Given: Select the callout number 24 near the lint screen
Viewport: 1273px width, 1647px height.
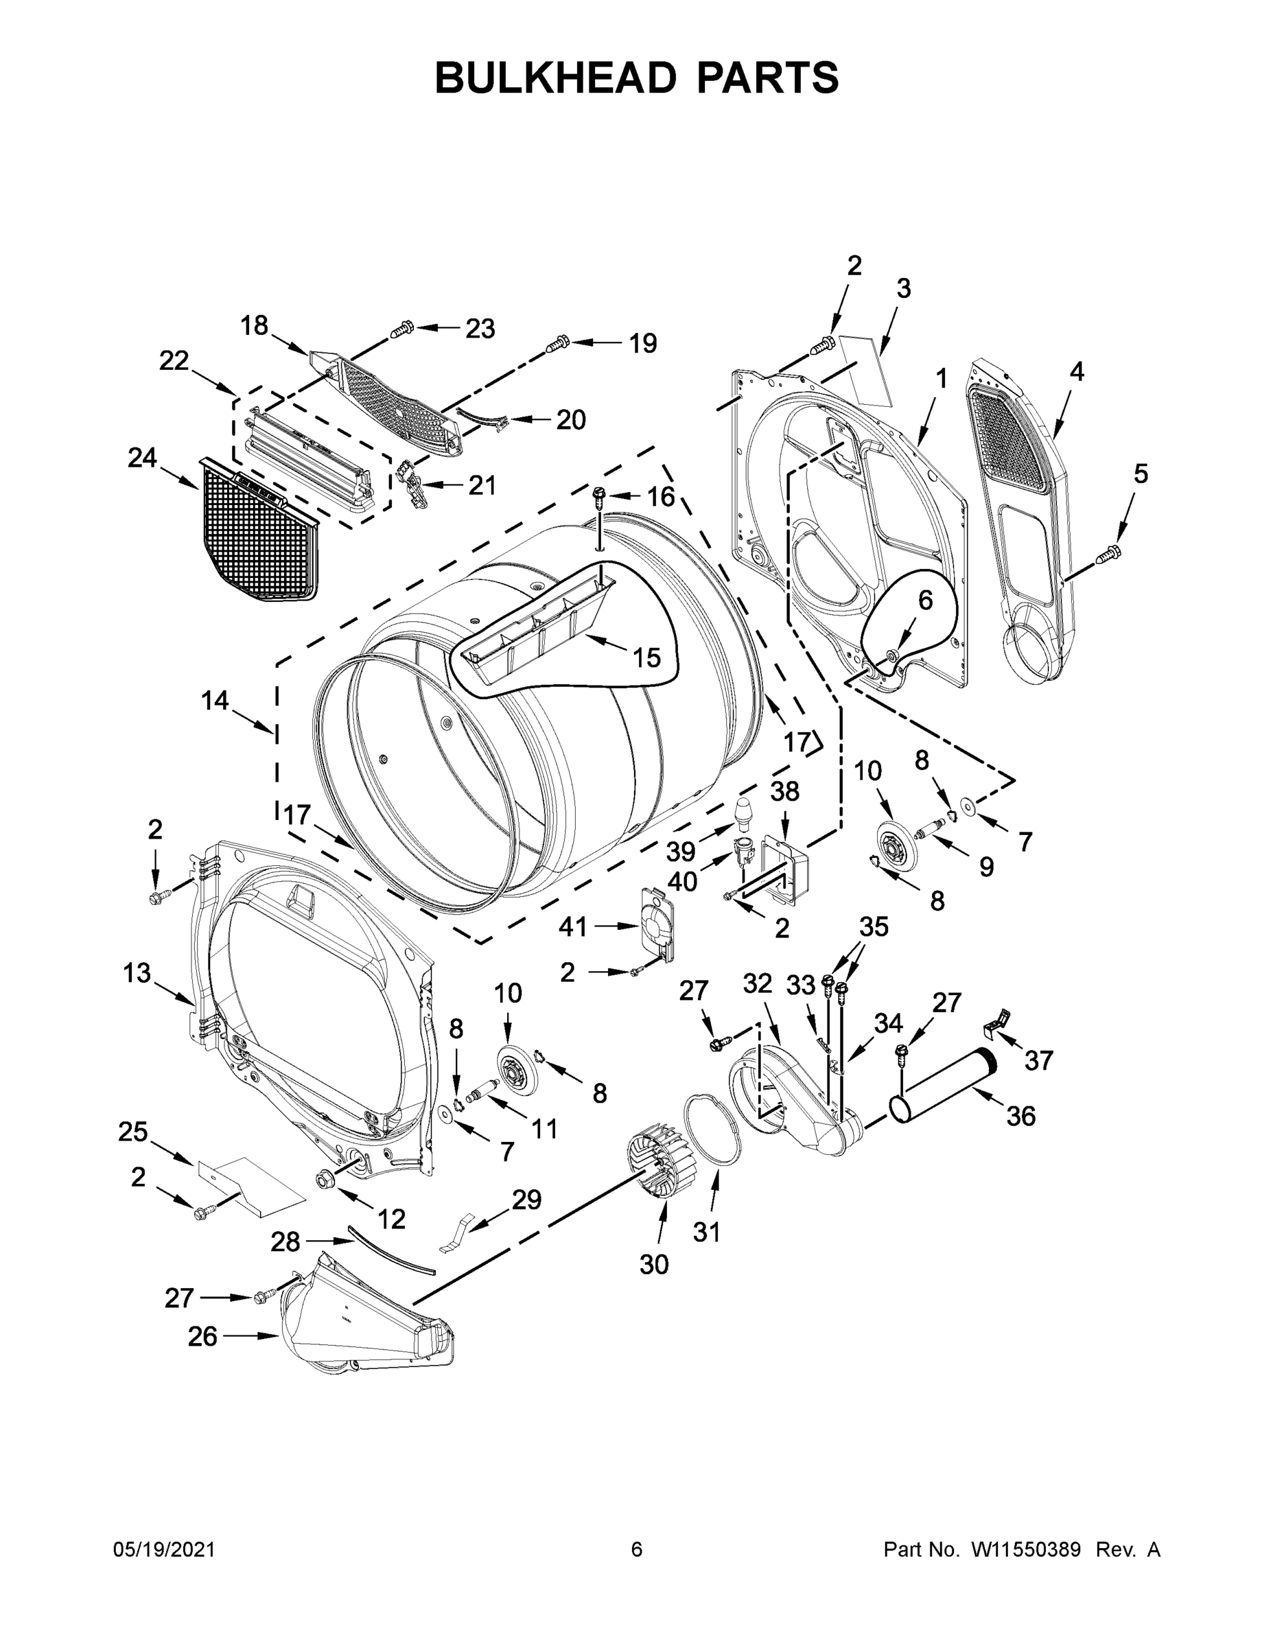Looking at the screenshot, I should pyautogui.click(x=142, y=458).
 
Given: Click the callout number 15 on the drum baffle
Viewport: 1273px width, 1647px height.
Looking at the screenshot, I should pyautogui.click(x=646, y=657).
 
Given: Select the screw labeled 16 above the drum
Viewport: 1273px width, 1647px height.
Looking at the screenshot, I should pyautogui.click(x=600, y=495).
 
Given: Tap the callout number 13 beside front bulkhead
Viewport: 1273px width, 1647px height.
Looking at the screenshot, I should pyautogui.click(x=137, y=973).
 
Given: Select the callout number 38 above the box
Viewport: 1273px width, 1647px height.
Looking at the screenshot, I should pyautogui.click(x=784, y=791).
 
